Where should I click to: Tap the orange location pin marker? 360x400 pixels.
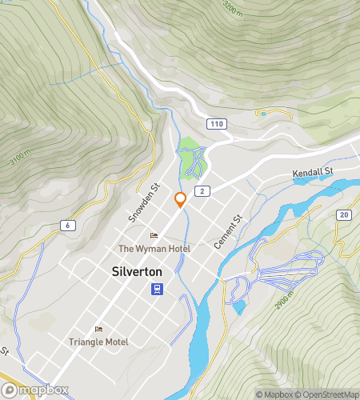point(181,200)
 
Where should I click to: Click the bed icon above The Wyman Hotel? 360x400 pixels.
point(154,236)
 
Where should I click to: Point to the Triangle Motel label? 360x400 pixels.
point(98,342)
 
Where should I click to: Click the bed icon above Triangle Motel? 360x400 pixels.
point(98,329)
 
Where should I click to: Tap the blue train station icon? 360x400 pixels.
point(160,289)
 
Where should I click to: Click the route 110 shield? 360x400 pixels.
point(214,124)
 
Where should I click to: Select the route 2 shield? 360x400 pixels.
point(204,190)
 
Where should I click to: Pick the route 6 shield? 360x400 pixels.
point(69,227)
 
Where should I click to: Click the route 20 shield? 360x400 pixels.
point(343,214)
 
